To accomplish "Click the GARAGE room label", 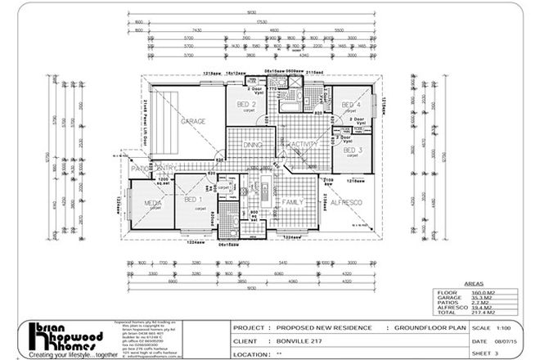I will (x=193, y=121).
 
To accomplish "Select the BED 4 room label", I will (x=350, y=106).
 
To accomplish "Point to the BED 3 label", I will (x=353, y=151).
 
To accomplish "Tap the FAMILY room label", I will (x=293, y=200).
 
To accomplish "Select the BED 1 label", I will (x=193, y=200).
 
